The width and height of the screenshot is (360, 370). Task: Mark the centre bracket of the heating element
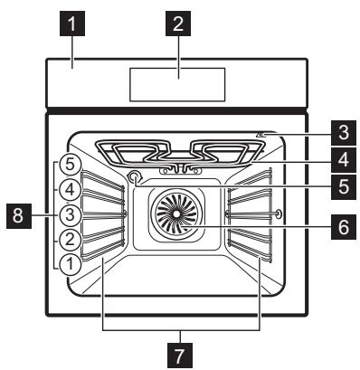[x=180, y=169]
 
